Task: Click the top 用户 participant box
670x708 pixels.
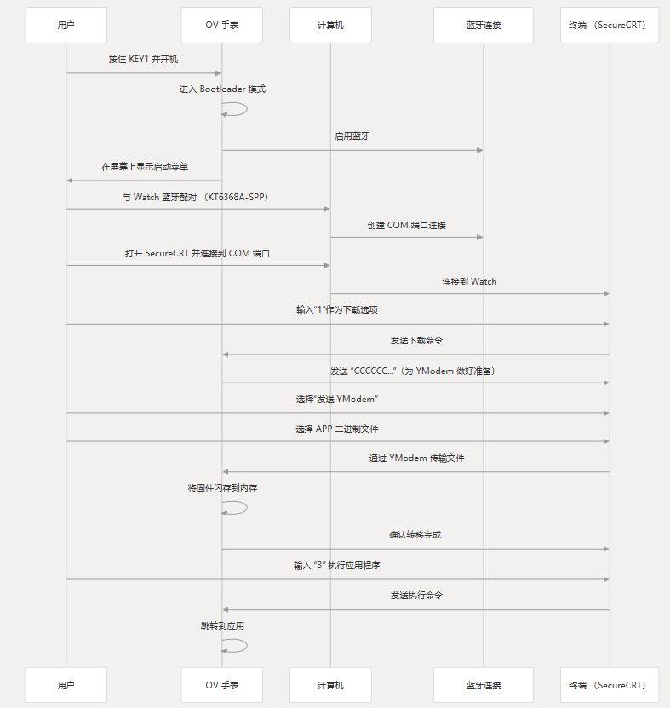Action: [x=66, y=25]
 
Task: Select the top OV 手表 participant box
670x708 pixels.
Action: [x=222, y=25]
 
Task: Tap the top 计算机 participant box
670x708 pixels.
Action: [x=330, y=25]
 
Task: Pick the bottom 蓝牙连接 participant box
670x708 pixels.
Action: [x=484, y=685]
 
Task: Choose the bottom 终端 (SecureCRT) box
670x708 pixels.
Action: [x=610, y=685]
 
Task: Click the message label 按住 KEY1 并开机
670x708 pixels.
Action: [x=143, y=60]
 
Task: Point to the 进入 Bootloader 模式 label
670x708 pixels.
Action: [x=222, y=89]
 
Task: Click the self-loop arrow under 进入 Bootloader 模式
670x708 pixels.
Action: [x=237, y=109]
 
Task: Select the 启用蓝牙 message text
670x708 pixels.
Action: [x=352, y=135]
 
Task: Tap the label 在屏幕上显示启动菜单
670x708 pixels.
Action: [x=145, y=167]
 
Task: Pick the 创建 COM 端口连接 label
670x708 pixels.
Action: [x=407, y=226]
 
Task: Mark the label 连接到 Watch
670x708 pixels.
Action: [x=469, y=281]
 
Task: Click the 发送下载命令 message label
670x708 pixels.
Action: [x=416, y=340]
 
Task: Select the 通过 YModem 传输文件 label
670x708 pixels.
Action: [x=416, y=458]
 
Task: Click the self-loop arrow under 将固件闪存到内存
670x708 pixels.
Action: [x=237, y=508]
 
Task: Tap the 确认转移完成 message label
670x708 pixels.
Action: [x=415, y=535]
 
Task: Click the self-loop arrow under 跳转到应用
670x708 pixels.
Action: [x=237, y=646]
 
